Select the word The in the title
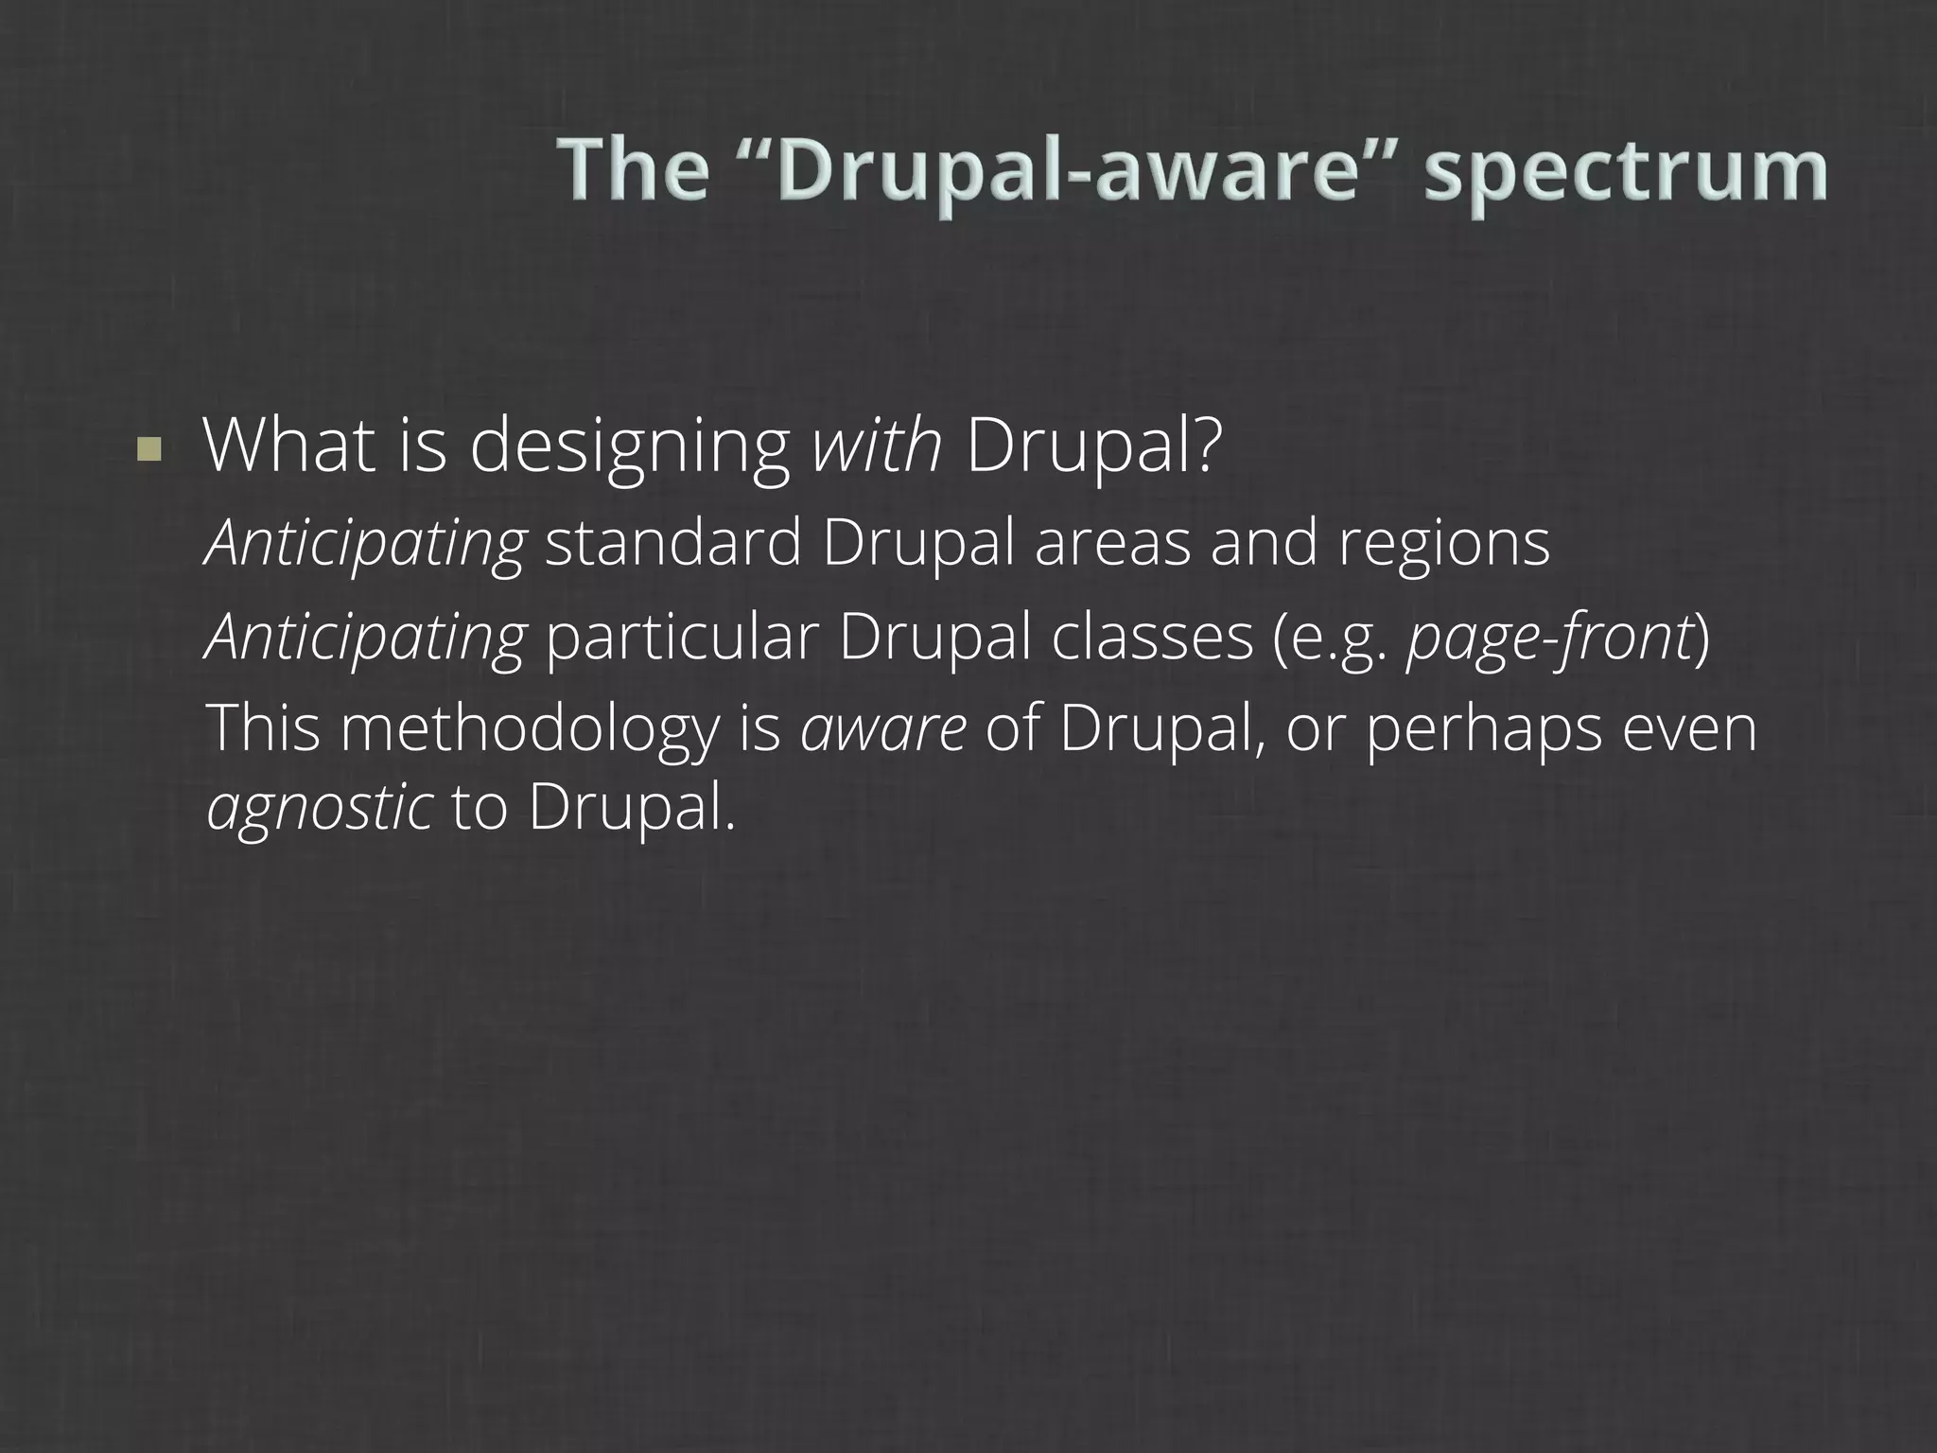[x=633, y=170]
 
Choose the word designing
[x=629, y=446]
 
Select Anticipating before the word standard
[x=365, y=544]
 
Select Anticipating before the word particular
[x=365, y=639]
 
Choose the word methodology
[x=531, y=729]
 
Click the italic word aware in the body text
[x=882, y=731]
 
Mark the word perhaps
[x=1483, y=731]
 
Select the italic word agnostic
[x=320, y=809]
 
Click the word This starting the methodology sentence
[x=264, y=729]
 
